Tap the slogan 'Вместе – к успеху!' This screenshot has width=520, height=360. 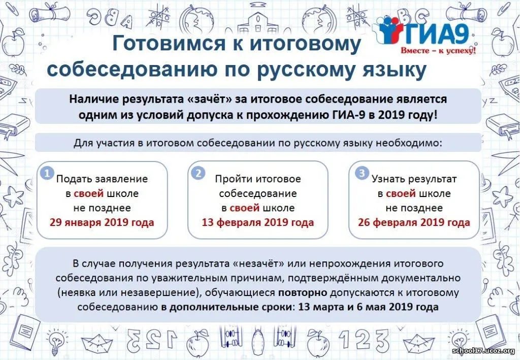tap(438, 51)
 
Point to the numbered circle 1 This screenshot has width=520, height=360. tap(47, 173)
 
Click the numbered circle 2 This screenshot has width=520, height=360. tap(199, 173)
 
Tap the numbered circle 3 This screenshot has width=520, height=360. tap(362, 173)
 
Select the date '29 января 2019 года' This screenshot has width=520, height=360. tap(102, 222)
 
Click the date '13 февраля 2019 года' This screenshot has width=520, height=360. tap(257, 222)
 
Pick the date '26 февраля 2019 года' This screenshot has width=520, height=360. tap(414, 222)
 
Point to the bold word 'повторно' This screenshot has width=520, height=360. tap(303, 292)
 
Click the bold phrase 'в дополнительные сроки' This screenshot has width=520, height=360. tap(227, 307)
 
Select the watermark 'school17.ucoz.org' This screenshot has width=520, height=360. tap(483, 351)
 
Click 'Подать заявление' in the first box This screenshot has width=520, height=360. tap(102, 179)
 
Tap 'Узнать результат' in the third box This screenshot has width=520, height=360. tap(414, 179)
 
